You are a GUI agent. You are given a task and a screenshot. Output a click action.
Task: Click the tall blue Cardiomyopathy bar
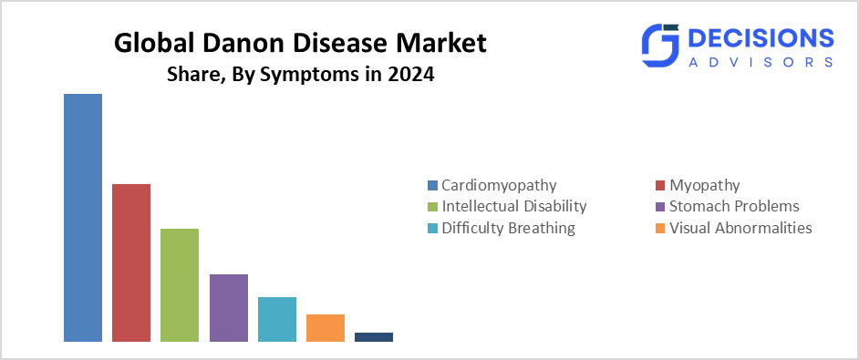(83, 218)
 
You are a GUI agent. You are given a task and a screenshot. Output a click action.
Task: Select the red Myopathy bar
(131, 263)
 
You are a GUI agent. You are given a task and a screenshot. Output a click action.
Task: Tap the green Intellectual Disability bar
(180, 285)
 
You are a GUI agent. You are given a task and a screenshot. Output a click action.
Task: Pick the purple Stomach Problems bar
(229, 308)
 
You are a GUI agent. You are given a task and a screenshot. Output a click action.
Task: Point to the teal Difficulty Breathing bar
(277, 320)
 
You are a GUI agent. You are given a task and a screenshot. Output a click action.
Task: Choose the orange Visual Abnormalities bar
(326, 328)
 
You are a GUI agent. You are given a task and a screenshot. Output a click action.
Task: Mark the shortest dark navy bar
(374, 337)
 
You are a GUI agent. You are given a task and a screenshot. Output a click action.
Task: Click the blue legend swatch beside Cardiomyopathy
(432, 186)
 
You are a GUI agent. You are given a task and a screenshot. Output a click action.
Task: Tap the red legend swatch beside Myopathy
(660, 186)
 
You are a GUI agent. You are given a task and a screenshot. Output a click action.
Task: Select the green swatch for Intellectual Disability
(432, 207)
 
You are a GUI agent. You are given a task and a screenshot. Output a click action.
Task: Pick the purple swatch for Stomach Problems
(660, 207)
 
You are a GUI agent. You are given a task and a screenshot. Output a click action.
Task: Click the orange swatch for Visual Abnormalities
(660, 228)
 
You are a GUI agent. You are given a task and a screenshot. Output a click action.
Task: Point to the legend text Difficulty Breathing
(509, 228)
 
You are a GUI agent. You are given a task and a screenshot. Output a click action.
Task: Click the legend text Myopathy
(705, 186)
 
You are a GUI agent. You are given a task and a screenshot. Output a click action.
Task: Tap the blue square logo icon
(660, 46)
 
